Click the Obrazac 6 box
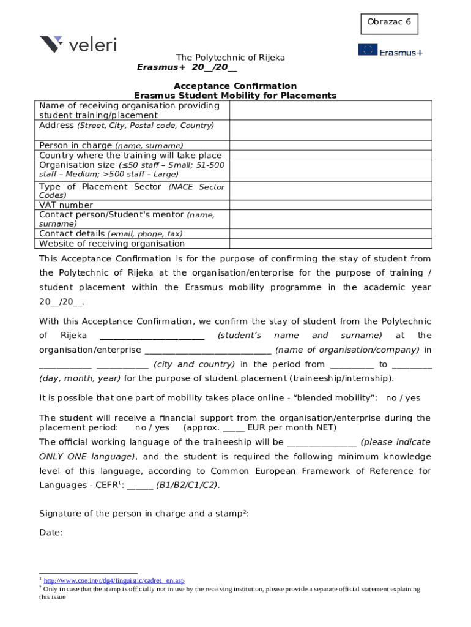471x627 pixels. (x=390, y=23)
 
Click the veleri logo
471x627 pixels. (x=78, y=44)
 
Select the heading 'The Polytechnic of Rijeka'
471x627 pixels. (x=231, y=58)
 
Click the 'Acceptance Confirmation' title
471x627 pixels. (x=235, y=86)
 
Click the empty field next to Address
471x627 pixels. (x=330, y=130)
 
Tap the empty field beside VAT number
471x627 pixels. (x=330, y=205)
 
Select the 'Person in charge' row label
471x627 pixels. (x=111, y=146)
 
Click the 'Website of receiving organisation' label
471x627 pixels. (x=111, y=244)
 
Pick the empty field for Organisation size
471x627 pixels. (x=330, y=170)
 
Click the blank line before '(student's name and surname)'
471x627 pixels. (x=152, y=336)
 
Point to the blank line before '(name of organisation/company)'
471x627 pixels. (x=207, y=350)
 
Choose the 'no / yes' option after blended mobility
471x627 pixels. (x=403, y=398)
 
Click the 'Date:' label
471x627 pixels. (x=51, y=533)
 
